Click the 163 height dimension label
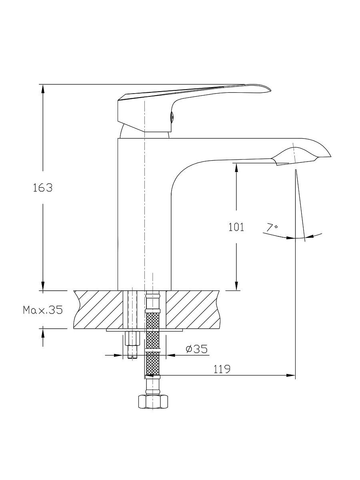[43, 188]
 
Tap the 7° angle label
[272, 228]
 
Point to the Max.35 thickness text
[43, 310]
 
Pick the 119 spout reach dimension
[222, 369]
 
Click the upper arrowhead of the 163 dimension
[43, 89]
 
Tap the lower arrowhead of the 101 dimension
[236, 285]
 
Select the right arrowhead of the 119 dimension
[290, 375]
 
